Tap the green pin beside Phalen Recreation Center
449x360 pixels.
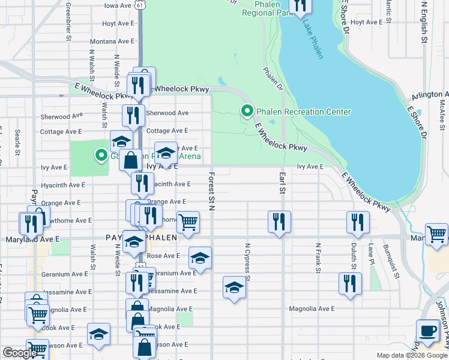click(x=246, y=111)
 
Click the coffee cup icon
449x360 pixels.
click(x=428, y=331)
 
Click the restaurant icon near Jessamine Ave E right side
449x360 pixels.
click(x=350, y=282)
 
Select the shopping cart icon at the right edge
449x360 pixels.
click(x=436, y=234)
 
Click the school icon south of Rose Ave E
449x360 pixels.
click(x=200, y=258)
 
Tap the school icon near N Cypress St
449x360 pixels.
click(x=235, y=287)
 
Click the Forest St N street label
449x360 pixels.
click(x=211, y=192)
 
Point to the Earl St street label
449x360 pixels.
click(x=281, y=183)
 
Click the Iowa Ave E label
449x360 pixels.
click(x=118, y=5)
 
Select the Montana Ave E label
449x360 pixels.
click(x=112, y=41)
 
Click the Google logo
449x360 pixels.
click(x=20, y=353)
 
